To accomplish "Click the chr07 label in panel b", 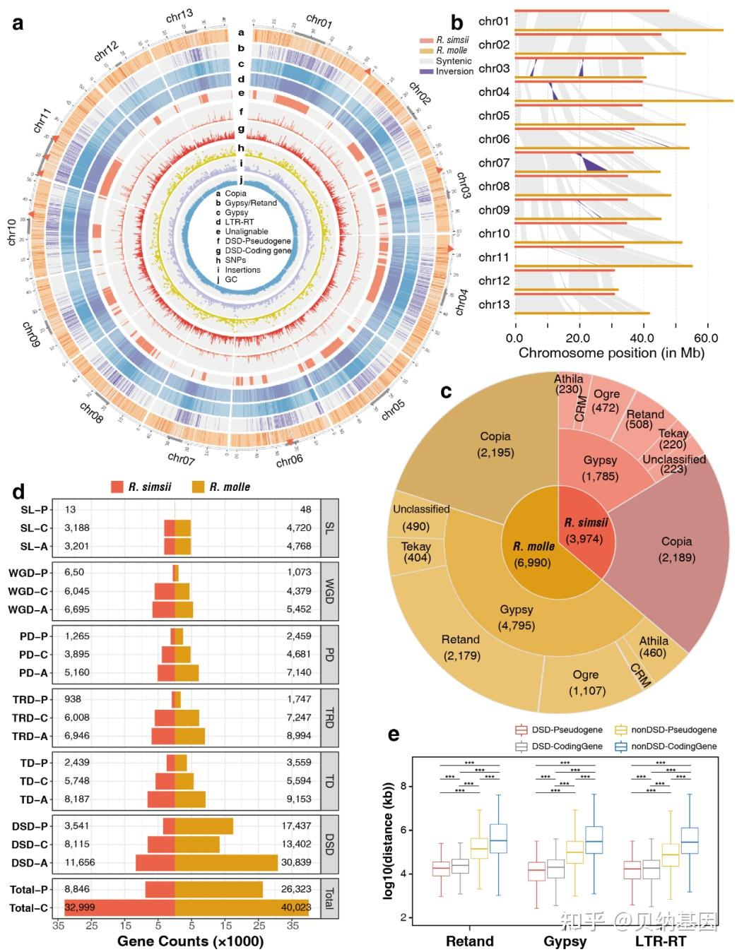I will (493, 162).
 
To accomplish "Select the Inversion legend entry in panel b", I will (454, 71).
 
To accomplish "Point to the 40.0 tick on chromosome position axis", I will (642, 338).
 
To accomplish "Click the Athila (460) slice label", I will (653, 647).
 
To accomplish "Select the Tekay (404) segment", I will (415, 552).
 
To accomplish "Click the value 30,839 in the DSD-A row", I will (296, 862).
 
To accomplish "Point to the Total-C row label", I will (28, 908).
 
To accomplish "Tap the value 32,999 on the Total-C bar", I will (79, 908).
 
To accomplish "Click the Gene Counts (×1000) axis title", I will (190, 941).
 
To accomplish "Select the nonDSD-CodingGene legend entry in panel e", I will (673, 746).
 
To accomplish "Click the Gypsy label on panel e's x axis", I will (565, 941).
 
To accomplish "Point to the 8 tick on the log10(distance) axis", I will (403, 786).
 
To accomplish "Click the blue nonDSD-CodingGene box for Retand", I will (498, 838).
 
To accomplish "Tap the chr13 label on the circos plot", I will (179, 16).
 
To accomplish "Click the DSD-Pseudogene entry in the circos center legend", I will (257, 241).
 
